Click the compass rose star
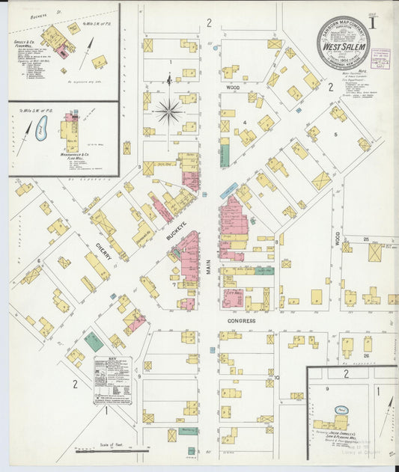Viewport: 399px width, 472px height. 169,111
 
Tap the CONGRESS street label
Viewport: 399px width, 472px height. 242,320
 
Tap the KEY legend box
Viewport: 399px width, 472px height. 112,380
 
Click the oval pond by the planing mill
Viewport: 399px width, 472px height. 341,410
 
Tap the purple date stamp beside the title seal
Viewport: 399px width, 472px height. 380,58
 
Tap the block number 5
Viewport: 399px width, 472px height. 336,135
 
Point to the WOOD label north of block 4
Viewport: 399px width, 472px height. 232,88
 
